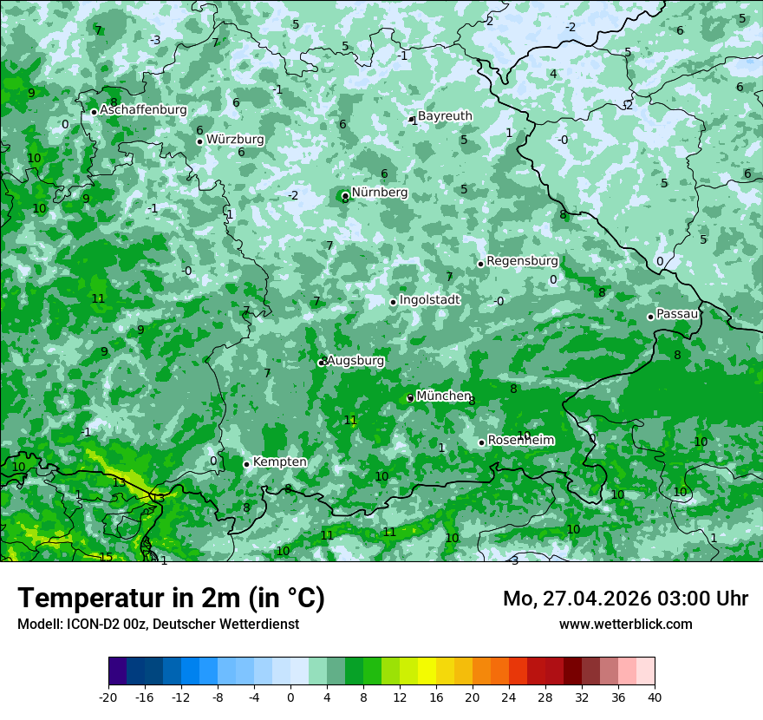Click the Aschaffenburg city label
click(x=143, y=110)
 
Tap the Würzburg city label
click(x=235, y=140)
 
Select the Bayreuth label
click(x=445, y=116)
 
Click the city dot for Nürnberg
click(x=345, y=195)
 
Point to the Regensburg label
click(x=522, y=261)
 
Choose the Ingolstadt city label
click(x=429, y=300)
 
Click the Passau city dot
click(x=650, y=317)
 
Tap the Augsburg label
click(x=355, y=361)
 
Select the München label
click(x=443, y=396)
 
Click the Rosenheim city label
click(x=520, y=441)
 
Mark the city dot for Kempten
click(x=246, y=464)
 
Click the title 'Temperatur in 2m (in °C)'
click(x=171, y=599)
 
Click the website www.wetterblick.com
click(x=625, y=624)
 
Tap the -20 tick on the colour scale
click(x=108, y=697)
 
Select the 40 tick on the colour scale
click(x=655, y=697)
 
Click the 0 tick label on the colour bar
click(x=290, y=697)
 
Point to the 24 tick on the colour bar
click(x=509, y=697)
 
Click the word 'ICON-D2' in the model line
click(x=89, y=624)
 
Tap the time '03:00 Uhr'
click(x=710, y=599)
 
